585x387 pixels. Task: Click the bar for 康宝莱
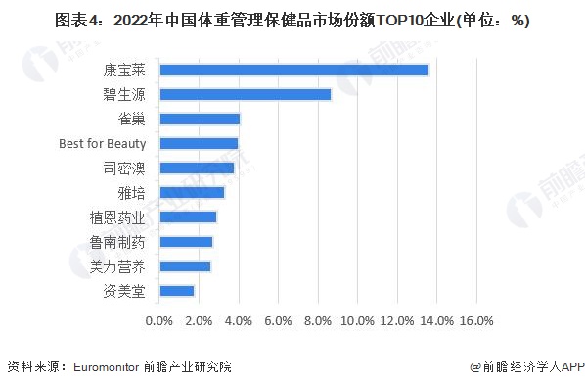coord(293,70)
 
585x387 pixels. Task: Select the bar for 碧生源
coord(245,94)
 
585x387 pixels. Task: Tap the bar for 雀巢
coord(199,119)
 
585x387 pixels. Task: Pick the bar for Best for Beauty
coord(198,143)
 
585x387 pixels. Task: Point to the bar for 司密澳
coord(196,168)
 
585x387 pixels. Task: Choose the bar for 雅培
coord(191,192)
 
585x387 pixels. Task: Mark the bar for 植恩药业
coord(187,217)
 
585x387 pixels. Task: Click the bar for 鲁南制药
coord(185,241)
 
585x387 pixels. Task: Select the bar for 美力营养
coord(184,266)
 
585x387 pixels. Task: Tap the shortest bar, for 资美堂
coord(176,290)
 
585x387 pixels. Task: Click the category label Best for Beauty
coord(102,143)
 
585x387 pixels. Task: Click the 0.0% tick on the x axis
coord(158,320)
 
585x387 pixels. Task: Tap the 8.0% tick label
coord(318,320)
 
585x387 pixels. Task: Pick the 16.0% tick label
coord(476,320)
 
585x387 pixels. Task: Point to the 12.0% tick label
coord(397,320)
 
